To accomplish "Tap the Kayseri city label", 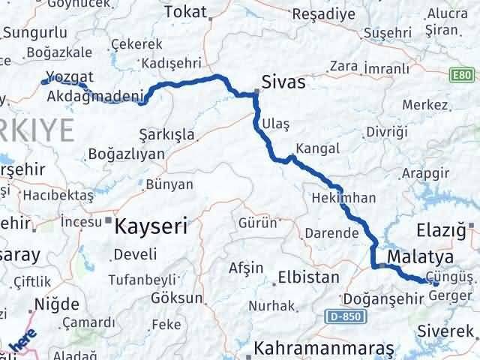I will pyautogui.click(x=151, y=223).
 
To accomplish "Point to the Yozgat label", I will pyautogui.click(x=68, y=76).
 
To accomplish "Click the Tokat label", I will pyautogui.click(x=184, y=12).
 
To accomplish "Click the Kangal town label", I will pyautogui.click(x=317, y=148).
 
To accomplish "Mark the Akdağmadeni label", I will pyautogui.click(x=94, y=96).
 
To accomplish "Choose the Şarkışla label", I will pyautogui.click(x=167, y=135).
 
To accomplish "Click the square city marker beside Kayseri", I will pyautogui.click(x=109, y=221).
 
